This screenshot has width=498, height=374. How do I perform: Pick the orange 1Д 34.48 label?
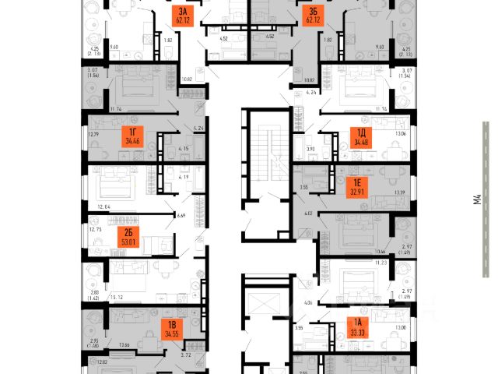tap(361, 139)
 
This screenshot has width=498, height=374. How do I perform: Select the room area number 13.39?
tap(402, 192)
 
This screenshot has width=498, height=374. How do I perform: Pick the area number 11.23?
tap(379, 263)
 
